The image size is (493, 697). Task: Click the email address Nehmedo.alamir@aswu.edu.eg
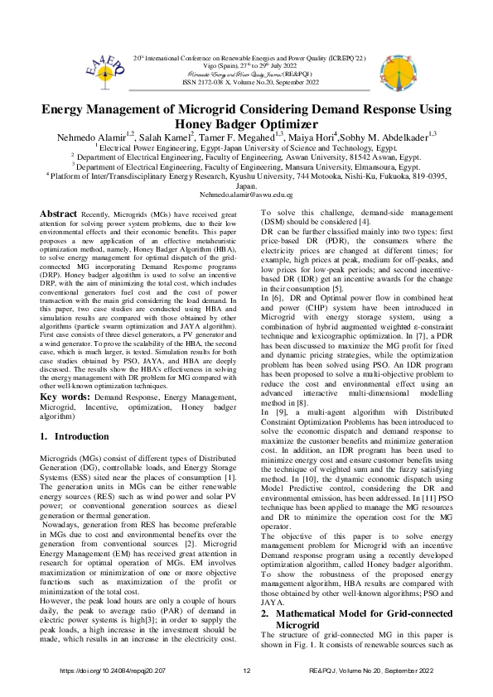pos(246,194)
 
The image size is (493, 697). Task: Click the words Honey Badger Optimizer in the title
pos(246,120)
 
